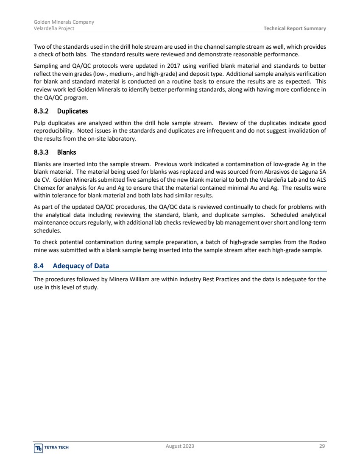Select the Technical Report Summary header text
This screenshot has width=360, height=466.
tap(295, 28)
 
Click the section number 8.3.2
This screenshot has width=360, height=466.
tap(42, 111)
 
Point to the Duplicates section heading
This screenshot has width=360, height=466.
tap(73, 111)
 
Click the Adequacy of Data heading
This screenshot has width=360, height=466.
tap(81, 266)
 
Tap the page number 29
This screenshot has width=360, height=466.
tap(323, 446)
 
